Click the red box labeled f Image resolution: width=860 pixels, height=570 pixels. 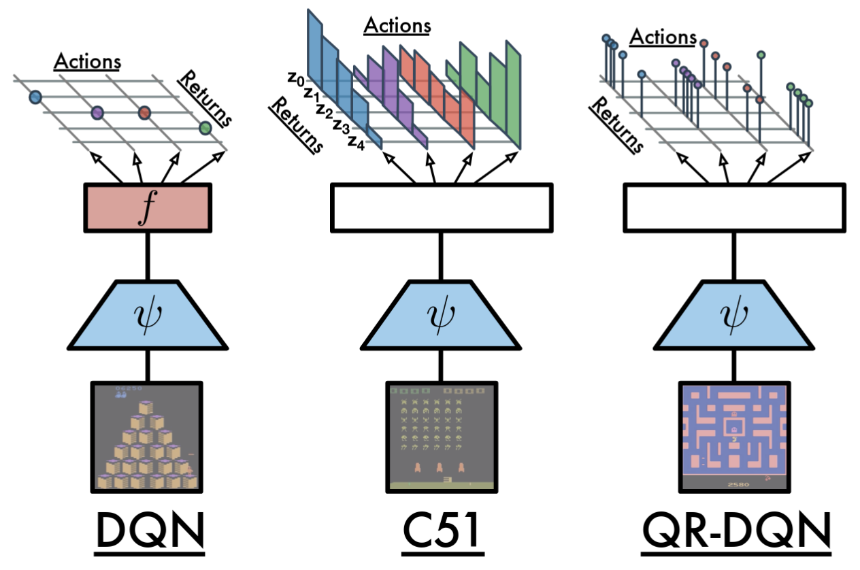click(x=148, y=207)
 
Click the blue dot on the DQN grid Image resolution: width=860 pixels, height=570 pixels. click(x=35, y=98)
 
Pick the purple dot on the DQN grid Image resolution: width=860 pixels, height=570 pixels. click(x=97, y=112)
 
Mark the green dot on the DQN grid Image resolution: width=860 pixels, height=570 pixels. click(x=205, y=127)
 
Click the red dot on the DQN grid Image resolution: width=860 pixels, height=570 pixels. click(x=144, y=112)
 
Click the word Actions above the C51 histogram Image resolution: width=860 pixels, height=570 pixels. click(x=397, y=26)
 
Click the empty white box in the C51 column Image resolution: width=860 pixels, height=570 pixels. click(x=441, y=207)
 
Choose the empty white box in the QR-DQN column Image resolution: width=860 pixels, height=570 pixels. click(x=735, y=207)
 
